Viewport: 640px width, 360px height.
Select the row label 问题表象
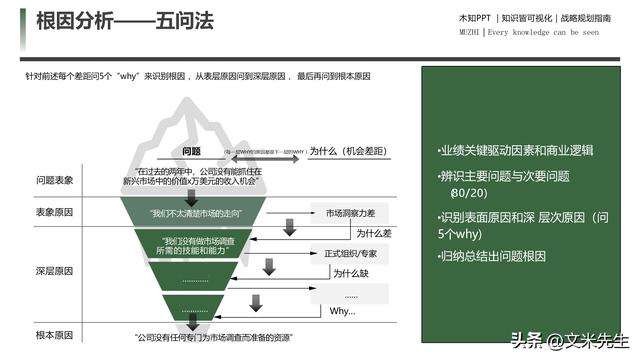55,180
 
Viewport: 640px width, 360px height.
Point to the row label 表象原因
55,213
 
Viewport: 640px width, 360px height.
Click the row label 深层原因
55,270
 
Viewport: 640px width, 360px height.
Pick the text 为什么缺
350,273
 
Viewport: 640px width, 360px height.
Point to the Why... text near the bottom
342,311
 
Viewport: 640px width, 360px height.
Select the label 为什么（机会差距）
349,151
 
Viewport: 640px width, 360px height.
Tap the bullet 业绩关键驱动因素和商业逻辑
516,151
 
